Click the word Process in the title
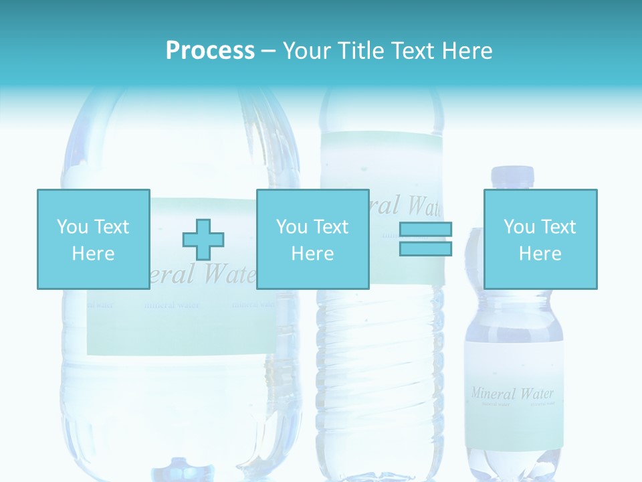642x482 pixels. coord(210,50)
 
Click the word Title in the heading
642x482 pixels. coord(360,50)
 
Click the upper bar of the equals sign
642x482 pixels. coord(425,230)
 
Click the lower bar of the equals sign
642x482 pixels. coord(425,248)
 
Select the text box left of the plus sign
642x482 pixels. coord(93,239)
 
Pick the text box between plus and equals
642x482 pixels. coord(312,239)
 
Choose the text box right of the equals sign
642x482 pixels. coord(540,239)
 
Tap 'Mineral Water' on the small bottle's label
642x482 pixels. coord(512,393)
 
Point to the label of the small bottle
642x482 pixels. coord(513,395)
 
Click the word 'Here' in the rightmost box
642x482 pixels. coord(540,254)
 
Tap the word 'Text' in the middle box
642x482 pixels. coord(330,227)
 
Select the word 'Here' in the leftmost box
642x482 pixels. coord(93,254)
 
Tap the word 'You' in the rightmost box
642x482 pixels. coord(520,227)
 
